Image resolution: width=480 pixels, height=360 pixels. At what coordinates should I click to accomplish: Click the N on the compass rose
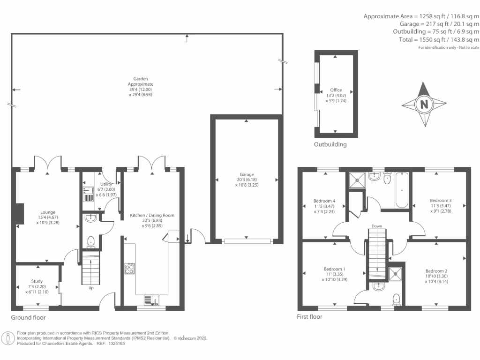(424, 105)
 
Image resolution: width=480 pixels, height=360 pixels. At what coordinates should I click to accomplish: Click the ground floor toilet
(91, 241)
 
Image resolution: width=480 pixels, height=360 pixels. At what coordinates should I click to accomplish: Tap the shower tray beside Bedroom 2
(396, 272)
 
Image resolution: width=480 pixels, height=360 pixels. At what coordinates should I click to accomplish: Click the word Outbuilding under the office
(330, 144)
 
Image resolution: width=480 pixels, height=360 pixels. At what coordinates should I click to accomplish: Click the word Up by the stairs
(91, 288)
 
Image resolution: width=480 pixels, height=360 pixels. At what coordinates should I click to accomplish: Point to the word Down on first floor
(377, 226)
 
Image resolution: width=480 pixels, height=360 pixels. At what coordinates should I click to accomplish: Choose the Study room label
(37, 281)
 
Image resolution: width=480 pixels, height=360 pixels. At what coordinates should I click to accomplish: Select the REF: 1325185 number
(111, 343)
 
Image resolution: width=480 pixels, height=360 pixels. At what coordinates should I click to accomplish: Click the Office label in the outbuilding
(336, 90)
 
